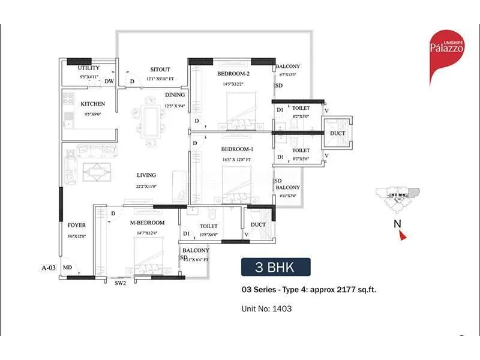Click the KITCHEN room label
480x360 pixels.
(x=93, y=104)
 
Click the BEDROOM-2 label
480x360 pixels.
(x=233, y=74)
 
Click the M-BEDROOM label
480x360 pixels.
(x=147, y=223)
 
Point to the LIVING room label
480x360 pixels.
(x=146, y=175)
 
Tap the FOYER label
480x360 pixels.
(x=76, y=226)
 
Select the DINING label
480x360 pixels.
(x=175, y=95)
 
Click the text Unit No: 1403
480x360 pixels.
(x=266, y=309)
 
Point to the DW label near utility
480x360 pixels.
(x=109, y=81)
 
